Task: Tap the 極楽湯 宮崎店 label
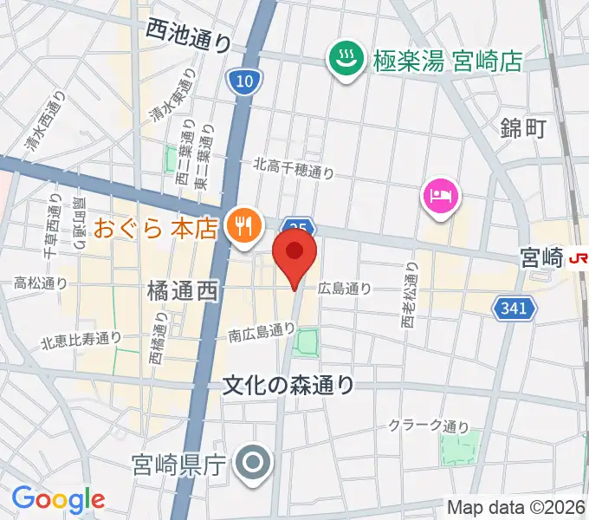coord(448,61)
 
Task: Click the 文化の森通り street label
coord(288,383)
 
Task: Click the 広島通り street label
coord(345,289)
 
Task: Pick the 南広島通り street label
coord(262,330)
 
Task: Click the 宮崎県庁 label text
coord(179,466)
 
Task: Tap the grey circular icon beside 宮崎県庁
coord(254,465)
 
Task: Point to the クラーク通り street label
coord(428,426)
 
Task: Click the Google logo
coord(58,498)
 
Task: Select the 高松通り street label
coord(41,283)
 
